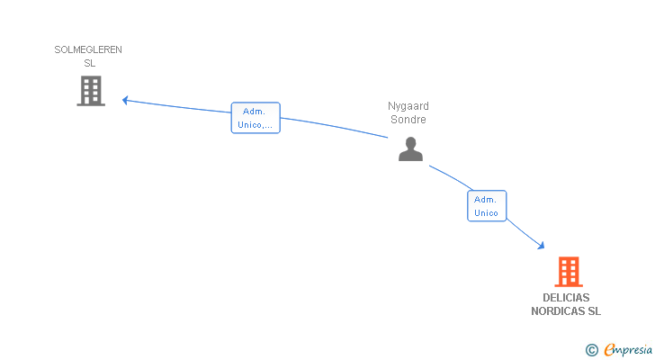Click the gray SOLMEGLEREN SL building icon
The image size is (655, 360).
pyautogui.click(x=91, y=91)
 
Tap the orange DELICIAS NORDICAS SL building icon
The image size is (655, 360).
pyautogui.click(x=568, y=272)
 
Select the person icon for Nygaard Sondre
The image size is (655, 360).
pyautogui.click(x=410, y=149)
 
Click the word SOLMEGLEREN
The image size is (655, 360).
pyautogui.click(x=88, y=49)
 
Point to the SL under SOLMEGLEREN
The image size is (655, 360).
pyautogui.click(x=89, y=63)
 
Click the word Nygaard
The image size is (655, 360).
pyautogui.click(x=408, y=106)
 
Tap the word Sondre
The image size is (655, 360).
pyautogui.click(x=409, y=120)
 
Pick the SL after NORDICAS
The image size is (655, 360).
pyautogui.click(x=594, y=311)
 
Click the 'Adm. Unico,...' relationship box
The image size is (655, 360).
pyautogui.click(x=256, y=118)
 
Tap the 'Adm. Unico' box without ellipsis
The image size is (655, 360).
pyautogui.click(x=486, y=206)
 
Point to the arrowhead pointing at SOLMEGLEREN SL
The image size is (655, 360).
pyautogui.click(x=125, y=99)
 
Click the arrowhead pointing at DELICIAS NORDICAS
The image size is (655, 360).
pyautogui.click(x=542, y=245)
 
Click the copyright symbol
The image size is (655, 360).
pyautogui.click(x=592, y=350)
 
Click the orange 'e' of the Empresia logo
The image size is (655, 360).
pyautogui.click(x=609, y=350)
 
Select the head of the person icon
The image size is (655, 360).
pyautogui.click(x=410, y=142)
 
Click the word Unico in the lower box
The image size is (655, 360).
pyautogui.click(x=486, y=213)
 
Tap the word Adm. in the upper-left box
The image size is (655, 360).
pyautogui.click(x=256, y=112)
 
